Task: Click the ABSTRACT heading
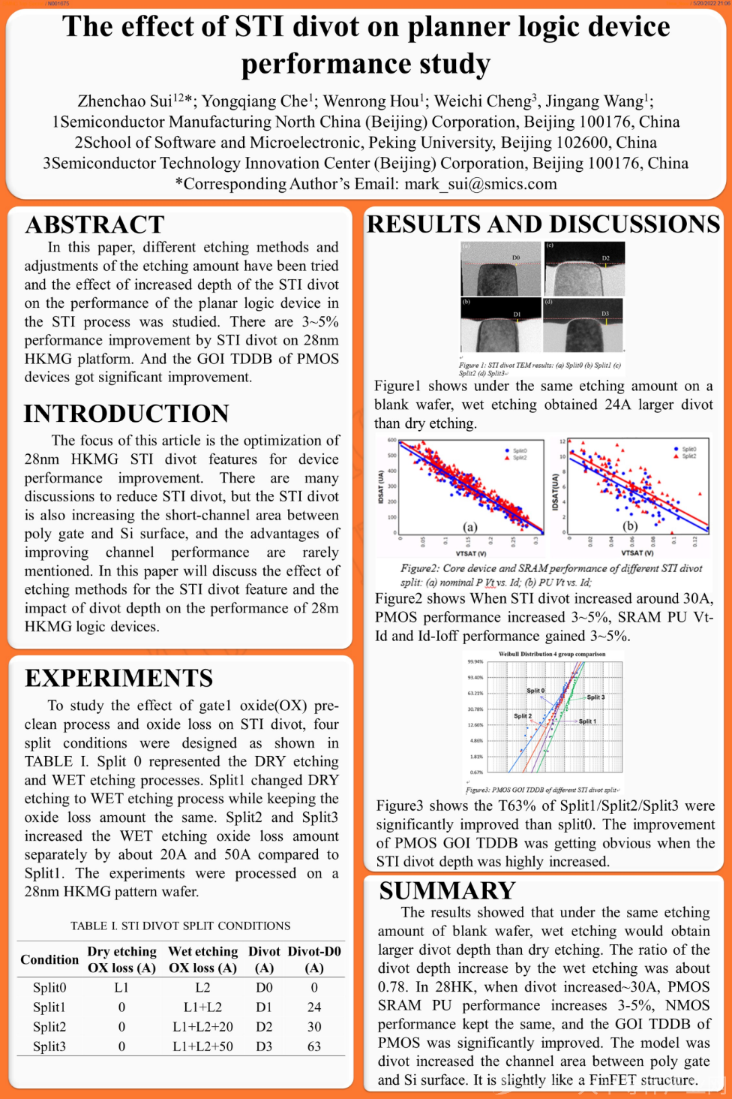click(x=94, y=224)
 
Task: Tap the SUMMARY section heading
click(x=447, y=890)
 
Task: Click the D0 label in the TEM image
click(x=516, y=257)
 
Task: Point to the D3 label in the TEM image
click(x=605, y=313)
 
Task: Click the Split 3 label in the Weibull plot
click(x=595, y=697)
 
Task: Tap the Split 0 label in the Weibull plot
click(x=535, y=691)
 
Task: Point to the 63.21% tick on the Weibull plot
click(x=475, y=694)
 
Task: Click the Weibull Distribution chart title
click(x=552, y=654)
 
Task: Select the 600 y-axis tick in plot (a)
click(x=391, y=440)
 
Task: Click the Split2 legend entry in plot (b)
click(x=688, y=456)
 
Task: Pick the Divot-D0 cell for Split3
click(x=314, y=1046)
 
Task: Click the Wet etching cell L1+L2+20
click(x=202, y=1027)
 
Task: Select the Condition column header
click(x=49, y=959)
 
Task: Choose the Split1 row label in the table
click(x=49, y=1007)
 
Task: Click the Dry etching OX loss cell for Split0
click(x=121, y=988)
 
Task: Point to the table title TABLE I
click(x=180, y=926)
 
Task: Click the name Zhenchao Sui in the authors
click(x=124, y=101)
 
